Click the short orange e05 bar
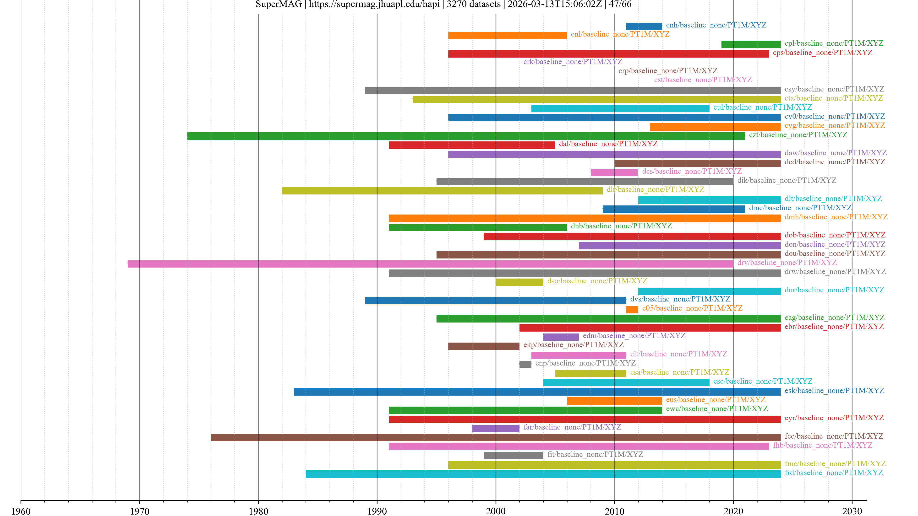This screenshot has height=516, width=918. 632,309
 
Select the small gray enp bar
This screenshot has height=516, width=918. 525,364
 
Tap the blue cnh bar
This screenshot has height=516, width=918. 644,26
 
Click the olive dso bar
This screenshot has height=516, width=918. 519,282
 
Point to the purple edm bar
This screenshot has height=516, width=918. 561,337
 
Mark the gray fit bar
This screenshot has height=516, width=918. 513,456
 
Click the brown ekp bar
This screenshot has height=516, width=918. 484,346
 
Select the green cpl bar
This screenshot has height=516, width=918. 751,44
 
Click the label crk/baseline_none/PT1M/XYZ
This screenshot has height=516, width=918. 573,62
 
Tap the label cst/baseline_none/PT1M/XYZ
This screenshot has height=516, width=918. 703,80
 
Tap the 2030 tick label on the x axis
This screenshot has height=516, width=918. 852,511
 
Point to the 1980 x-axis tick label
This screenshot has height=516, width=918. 258,511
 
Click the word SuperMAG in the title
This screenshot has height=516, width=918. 279,4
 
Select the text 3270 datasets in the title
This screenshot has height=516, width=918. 473,4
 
